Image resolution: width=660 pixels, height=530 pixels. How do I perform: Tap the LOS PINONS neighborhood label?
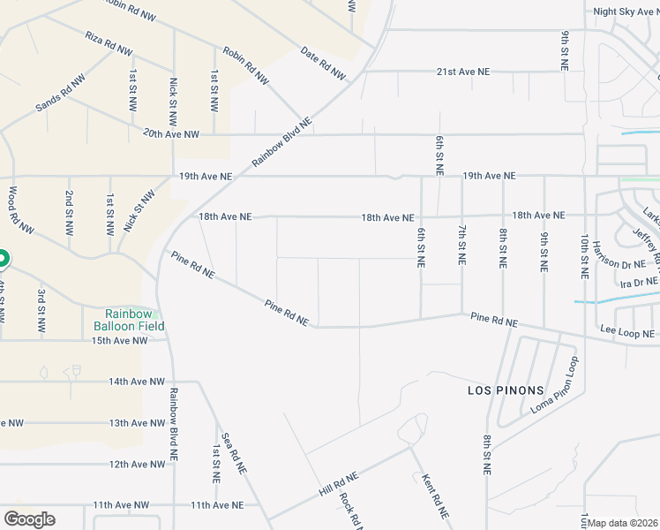500,389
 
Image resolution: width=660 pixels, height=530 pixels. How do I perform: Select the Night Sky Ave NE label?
626,11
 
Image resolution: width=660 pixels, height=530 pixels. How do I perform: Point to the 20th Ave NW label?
172,134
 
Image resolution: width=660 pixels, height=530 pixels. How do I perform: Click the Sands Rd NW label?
59,99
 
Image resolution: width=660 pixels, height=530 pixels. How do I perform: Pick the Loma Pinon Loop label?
554,386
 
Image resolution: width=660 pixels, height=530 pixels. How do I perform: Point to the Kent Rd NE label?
431,496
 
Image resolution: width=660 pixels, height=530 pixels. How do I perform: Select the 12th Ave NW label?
138,464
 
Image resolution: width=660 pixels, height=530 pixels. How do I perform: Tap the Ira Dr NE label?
639,283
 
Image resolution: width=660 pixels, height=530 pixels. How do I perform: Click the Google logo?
29,519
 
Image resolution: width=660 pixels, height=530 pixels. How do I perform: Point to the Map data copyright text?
623,523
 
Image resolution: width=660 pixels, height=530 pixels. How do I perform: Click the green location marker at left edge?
2,259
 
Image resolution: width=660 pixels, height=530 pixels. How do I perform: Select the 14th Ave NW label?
137,382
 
